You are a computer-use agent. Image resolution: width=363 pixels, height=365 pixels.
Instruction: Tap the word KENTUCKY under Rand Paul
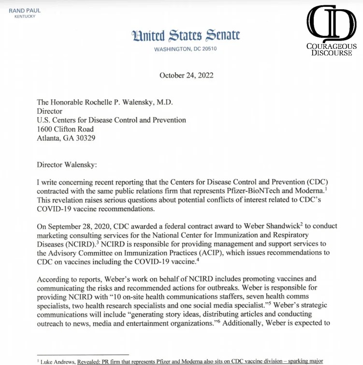pos(25,17)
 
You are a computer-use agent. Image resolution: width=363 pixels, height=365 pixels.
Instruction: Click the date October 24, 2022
pos(186,75)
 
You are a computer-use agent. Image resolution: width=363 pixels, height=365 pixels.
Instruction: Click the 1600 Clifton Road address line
pos(66,129)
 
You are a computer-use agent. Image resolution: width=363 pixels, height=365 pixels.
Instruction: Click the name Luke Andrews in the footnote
pos(60,361)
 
